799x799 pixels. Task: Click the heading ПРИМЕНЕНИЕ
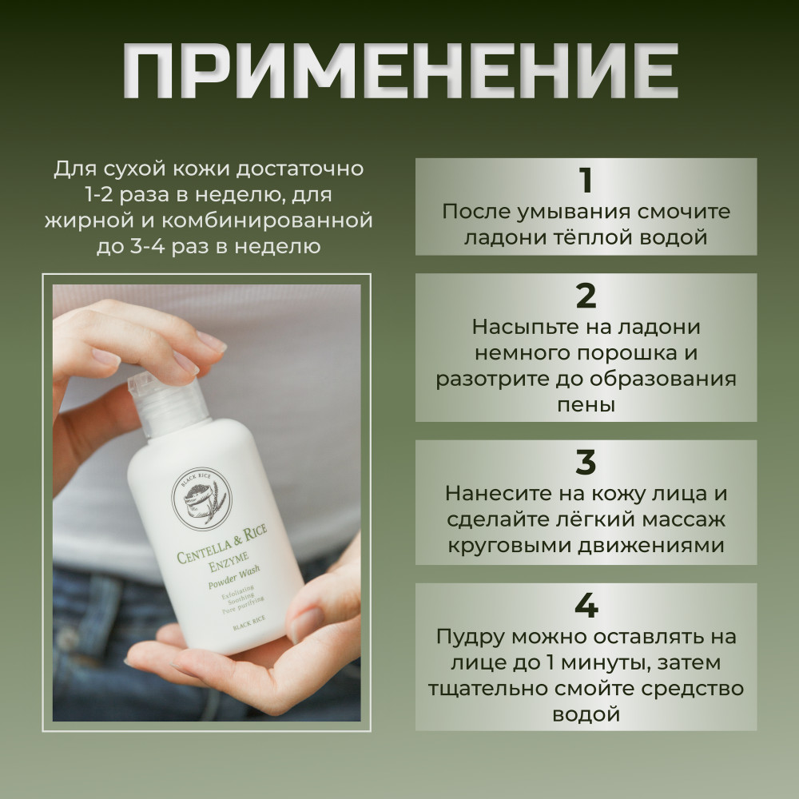point(400,70)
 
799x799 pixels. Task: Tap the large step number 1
point(586,181)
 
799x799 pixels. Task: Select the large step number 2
point(586,296)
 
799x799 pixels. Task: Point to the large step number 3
point(586,462)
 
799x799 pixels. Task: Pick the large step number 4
point(586,606)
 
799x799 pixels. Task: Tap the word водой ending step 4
point(586,714)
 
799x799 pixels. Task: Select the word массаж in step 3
point(683,520)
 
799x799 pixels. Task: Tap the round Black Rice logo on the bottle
point(201,499)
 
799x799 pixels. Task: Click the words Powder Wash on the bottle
point(234,577)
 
